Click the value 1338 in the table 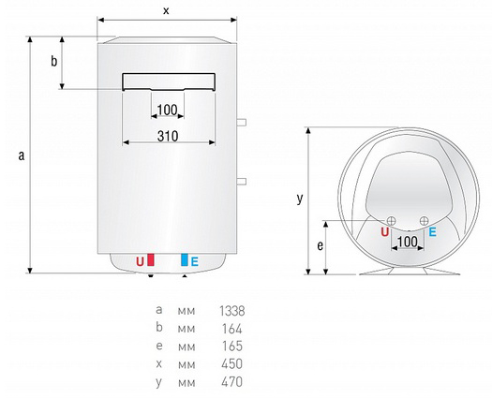pyautogui.click(x=232, y=311)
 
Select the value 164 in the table pyautogui.click(x=232, y=329)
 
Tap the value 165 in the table pyautogui.click(x=232, y=346)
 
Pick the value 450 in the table pyautogui.click(x=231, y=364)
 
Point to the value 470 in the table pyautogui.click(x=231, y=382)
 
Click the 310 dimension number pyautogui.click(x=168, y=136)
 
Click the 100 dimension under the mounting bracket pyautogui.click(x=167, y=111)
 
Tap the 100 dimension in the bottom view pyautogui.click(x=408, y=242)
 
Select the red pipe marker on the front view pyautogui.click(x=151, y=260)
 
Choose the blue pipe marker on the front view pyautogui.click(x=185, y=260)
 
